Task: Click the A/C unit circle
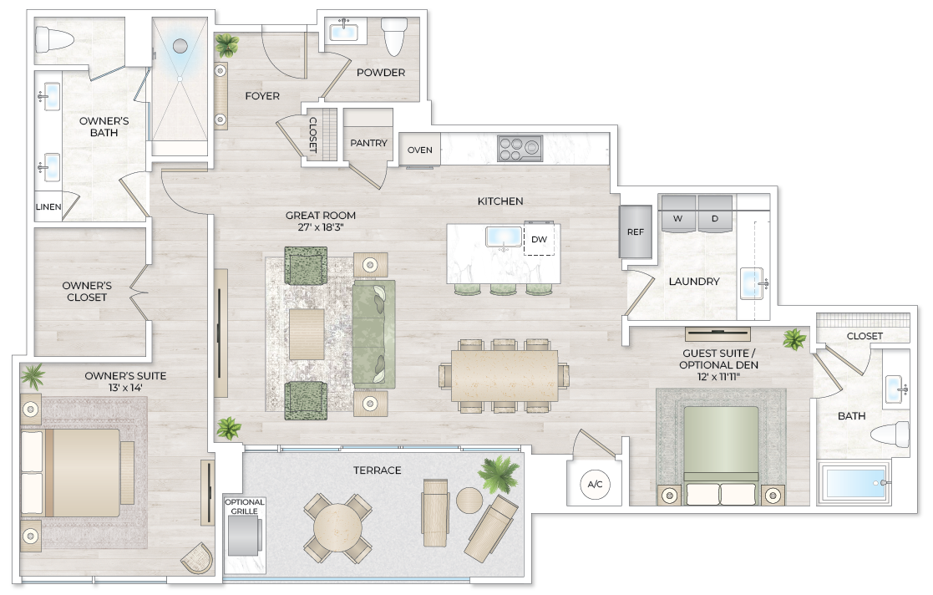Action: [x=595, y=484]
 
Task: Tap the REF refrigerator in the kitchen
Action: [x=635, y=231]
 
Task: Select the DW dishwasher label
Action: [x=539, y=239]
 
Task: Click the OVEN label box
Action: [x=419, y=150]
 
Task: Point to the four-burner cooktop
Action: [x=520, y=149]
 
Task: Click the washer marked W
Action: [x=677, y=214]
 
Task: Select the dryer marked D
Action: [x=715, y=214]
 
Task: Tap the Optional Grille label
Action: [x=245, y=507]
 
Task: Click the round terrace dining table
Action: [x=337, y=527]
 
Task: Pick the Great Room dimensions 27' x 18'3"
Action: [x=320, y=226]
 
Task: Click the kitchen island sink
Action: [x=504, y=236]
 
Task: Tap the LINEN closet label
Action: [x=48, y=207]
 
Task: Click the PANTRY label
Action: [x=368, y=143]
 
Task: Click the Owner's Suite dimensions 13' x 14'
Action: [x=125, y=388]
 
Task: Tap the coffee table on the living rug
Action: [x=307, y=333]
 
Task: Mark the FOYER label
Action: [x=262, y=96]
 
